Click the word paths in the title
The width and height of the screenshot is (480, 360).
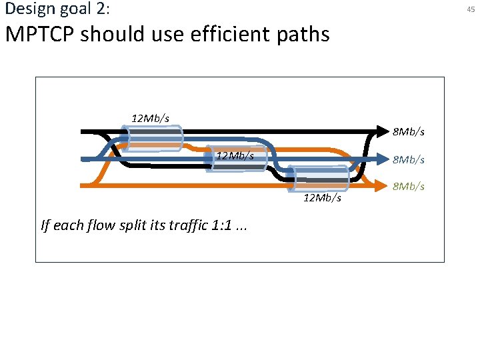coord(304,34)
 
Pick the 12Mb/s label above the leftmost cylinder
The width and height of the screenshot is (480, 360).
coord(150,118)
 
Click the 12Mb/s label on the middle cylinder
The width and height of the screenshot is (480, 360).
coord(235,156)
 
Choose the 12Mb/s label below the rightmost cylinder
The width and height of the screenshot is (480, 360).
coord(322,198)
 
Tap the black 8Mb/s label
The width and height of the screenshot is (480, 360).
coord(408,132)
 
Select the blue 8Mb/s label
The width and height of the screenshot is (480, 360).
coord(408,159)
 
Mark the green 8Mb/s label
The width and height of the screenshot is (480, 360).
coord(408,186)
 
